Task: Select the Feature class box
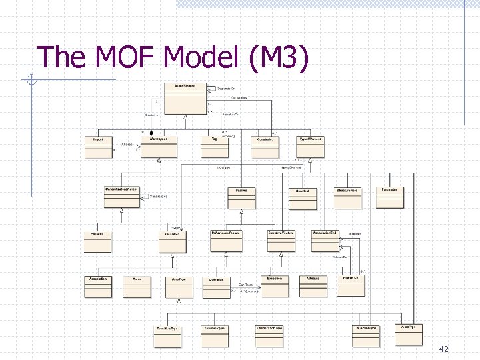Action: (241, 198)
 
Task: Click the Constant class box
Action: (303, 198)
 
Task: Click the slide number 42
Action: (445, 349)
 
